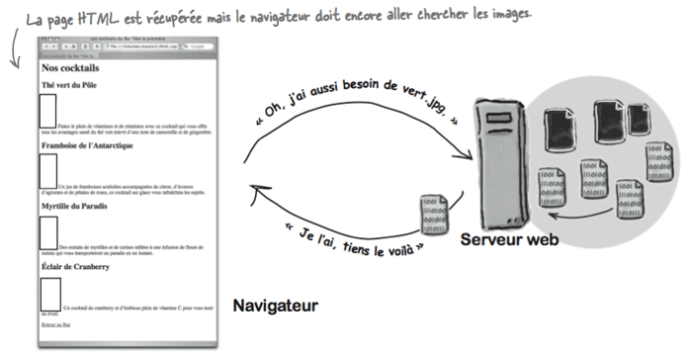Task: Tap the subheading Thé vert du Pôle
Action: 68,85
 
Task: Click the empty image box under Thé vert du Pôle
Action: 47,112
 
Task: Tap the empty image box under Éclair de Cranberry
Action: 50,294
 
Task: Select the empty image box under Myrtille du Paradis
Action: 49,232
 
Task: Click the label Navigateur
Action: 275,307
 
